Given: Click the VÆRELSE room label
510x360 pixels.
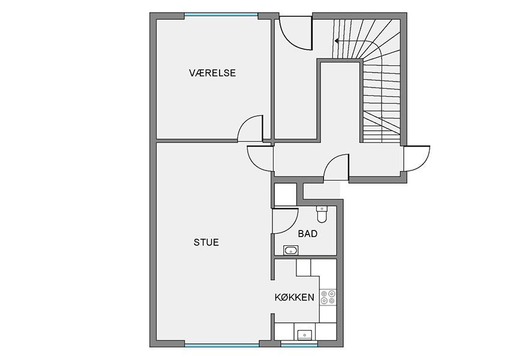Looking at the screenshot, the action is point(212,73).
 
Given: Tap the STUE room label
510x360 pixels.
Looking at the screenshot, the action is point(206,242).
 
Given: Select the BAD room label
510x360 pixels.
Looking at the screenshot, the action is point(308,233).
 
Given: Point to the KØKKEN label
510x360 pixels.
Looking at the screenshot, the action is point(295,297).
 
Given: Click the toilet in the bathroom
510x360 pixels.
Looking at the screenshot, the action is point(322,215).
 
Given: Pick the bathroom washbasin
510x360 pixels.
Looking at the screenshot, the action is point(291,250).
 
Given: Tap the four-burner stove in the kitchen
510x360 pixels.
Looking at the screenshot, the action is point(328,297).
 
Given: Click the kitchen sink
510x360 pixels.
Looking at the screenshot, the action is point(305,334).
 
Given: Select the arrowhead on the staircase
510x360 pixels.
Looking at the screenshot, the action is point(337,41).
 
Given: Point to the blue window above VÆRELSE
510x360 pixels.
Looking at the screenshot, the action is point(221,14).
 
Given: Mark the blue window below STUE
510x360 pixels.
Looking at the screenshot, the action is point(222,345).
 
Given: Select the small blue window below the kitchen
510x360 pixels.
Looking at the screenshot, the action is point(299,345).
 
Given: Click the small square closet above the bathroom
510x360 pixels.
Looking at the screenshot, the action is point(286,194).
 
